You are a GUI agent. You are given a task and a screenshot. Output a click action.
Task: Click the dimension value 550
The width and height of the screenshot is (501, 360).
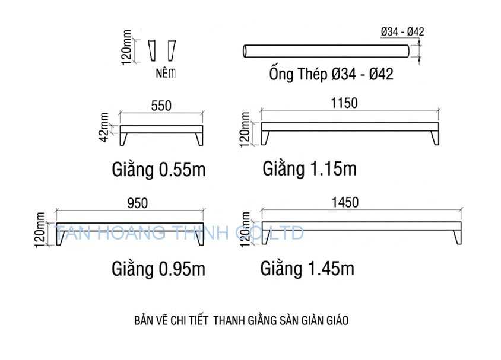pyautogui.click(x=161, y=106)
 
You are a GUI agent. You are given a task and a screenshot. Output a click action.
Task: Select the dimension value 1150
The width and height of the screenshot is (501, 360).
pyautogui.click(x=345, y=103)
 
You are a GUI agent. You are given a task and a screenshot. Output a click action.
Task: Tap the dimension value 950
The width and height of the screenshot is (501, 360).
pyautogui.click(x=137, y=203)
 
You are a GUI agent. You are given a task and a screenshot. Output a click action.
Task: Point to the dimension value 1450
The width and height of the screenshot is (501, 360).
pyautogui.click(x=345, y=203)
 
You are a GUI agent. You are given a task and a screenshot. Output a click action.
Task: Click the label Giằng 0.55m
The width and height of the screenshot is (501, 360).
pyautogui.click(x=158, y=170)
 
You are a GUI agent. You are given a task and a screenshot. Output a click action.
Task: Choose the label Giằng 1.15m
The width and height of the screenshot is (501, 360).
pyautogui.click(x=309, y=169)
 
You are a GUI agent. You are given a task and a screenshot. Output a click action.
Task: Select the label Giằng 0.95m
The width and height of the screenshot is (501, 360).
pyautogui.click(x=158, y=269)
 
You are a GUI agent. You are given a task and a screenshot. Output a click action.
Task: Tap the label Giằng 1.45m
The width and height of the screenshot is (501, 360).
pyautogui.click(x=307, y=268)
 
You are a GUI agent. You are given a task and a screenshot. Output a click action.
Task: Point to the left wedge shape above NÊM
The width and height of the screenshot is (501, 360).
pyautogui.click(x=153, y=50)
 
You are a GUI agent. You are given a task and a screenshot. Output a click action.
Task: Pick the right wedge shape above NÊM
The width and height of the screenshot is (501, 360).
pyautogui.click(x=172, y=50)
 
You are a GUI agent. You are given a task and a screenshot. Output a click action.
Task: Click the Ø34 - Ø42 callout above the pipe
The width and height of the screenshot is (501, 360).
pyautogui.click(x=402, y=32)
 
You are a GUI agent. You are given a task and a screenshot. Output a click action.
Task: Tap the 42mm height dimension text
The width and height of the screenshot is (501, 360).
pyautogui.click(x=104, y=128)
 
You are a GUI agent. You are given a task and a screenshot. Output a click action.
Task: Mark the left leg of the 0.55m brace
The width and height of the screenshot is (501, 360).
pyautogui.click(x=126, y=138)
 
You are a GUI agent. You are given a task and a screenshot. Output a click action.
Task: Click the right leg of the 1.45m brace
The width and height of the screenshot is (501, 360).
pyautogui.click(x=456, y=237)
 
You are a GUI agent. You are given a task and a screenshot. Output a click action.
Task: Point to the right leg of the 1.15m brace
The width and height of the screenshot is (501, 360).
pyautogui.click(x=436, y=138)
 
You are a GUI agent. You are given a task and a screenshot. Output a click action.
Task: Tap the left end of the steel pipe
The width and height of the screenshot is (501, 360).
pyautogui.click(x=245, y=52)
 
